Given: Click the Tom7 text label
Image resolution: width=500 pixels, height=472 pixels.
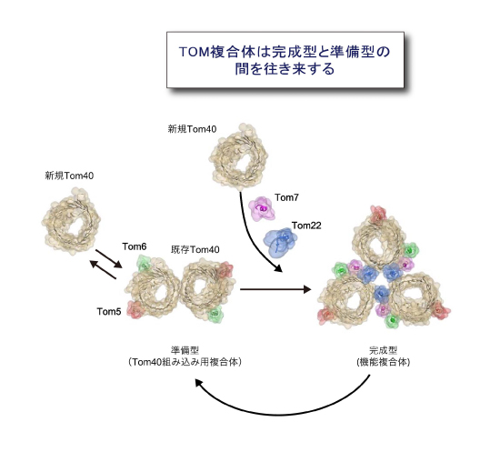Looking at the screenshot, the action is [x=286, y=197].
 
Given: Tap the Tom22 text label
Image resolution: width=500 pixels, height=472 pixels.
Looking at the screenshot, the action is [x=306, y=226].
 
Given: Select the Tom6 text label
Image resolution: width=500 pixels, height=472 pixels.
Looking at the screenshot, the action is [x=135, y=246].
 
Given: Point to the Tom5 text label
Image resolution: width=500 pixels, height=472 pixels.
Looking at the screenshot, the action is [x=109, y=311].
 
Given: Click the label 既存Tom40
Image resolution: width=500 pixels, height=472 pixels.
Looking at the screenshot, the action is [x=195, y=249].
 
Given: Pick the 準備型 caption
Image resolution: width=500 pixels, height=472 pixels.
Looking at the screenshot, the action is [x=185, y=350].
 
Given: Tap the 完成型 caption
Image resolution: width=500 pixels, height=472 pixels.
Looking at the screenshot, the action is [x=383, y=350].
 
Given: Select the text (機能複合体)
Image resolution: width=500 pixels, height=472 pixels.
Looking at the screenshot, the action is [x=383, y=362].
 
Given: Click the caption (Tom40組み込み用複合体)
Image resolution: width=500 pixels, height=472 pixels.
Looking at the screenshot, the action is [x=185, y=362].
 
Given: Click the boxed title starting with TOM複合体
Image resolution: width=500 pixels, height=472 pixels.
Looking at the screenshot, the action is [x=285, y=60].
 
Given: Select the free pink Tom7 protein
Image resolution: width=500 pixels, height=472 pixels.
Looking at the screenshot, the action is [x=262, y=208].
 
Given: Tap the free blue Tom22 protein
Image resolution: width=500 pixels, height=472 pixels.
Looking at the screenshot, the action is [x=280, y=242].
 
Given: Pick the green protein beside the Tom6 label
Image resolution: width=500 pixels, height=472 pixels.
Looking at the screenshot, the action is [x=144, y=264].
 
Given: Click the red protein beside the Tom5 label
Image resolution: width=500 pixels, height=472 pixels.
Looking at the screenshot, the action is [x=136, y=310].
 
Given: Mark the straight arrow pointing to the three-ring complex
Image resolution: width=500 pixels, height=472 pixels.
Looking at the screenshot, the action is [x=275, y=289].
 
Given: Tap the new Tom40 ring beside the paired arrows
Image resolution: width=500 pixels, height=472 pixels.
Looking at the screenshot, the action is [x=71, y=221].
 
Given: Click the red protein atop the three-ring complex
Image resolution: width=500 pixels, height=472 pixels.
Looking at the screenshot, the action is [x=378, y=215].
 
